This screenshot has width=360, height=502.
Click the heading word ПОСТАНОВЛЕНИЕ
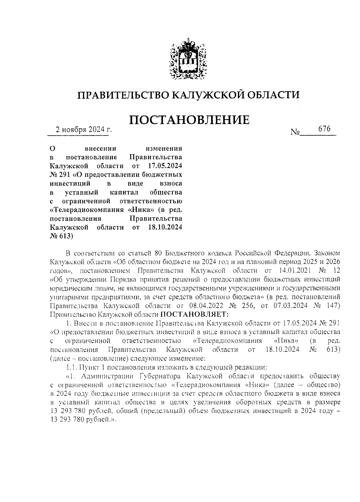pyautogui.click(x=190, y=120)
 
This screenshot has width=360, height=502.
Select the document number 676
pyautogui.click(x=324, y=129)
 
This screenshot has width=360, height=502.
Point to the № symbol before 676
pyautogui.click(x=295, y=132)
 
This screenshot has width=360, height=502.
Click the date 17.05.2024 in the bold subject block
pyautogui.click(x=165, y=166)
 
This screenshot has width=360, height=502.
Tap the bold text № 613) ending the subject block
pyautogui.click(x=61, y=236)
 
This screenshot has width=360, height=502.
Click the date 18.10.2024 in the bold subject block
pyautogui.click(x=165, y=227)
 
